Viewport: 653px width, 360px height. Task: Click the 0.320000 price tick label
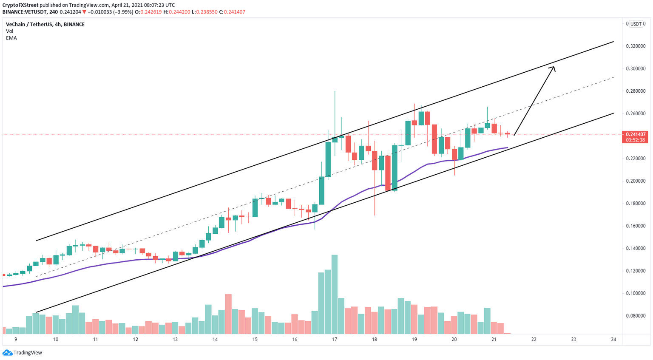pos(636,46)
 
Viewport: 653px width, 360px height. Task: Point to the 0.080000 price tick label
pos(636,316)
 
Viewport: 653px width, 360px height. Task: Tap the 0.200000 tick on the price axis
pos(636,181)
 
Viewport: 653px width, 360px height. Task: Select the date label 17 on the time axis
pos(335,340)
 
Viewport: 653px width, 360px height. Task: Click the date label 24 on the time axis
pos(613,340)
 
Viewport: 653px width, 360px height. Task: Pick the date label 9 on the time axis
pos(16,340)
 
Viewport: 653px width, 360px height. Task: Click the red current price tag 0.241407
pos(635,134)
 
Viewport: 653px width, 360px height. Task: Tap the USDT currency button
pos(636,24)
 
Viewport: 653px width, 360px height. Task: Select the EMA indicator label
pos(11,38)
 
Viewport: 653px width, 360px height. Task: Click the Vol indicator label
pos(10,31)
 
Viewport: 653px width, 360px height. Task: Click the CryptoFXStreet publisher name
pos(20,5)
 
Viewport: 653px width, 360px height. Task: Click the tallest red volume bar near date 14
pos(228,313)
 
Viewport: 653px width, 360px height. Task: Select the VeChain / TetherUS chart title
pos(45,25)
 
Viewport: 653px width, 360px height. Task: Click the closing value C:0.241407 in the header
pos(232,12)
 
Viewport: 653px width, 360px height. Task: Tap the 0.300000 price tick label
pos(636,68)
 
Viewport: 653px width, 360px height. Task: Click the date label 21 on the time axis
pos(494,340)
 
